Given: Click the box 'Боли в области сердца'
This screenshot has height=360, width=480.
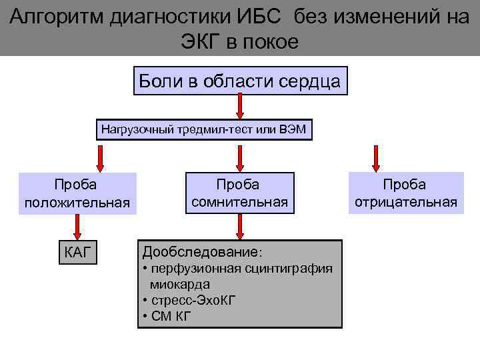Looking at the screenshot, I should click(240, 81).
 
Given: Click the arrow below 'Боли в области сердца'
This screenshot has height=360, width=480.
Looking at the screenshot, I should click(240, 106).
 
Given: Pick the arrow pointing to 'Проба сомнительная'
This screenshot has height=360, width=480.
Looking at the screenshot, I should click(240, 158).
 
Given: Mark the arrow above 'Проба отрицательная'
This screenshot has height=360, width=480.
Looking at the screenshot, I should click(376, 158).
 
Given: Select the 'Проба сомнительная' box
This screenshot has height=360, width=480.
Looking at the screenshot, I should click(239, 193).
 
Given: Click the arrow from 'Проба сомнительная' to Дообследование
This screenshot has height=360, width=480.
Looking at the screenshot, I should click(240, 226).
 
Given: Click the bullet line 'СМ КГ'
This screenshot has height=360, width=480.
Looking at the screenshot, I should click(167, 315).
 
